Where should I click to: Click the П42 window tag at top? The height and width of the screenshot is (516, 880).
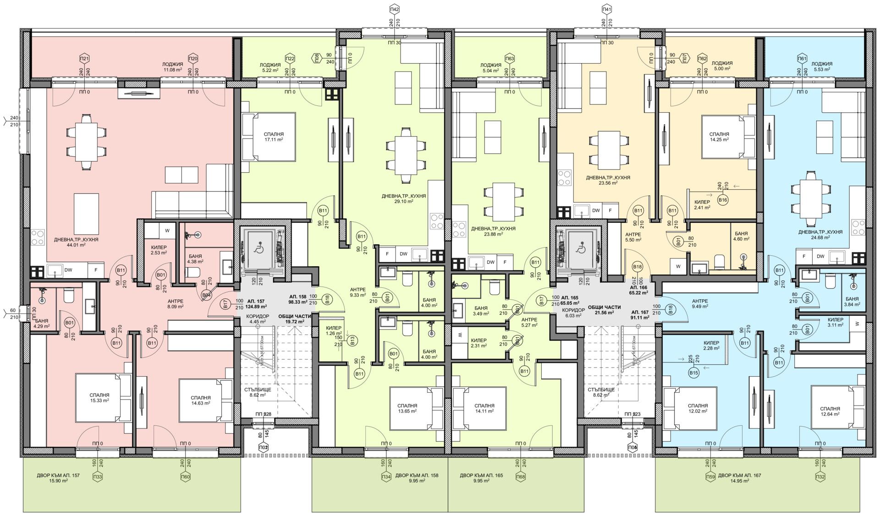coord(394,9)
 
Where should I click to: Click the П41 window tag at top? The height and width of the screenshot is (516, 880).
coord(607,9)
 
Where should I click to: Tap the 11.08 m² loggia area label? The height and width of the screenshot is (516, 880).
coord(172,67)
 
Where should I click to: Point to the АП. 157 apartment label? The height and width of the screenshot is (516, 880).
coord(258,304)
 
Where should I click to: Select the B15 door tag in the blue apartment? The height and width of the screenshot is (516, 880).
coord(694,373)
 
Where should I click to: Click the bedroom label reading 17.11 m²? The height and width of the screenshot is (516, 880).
coord(274,137)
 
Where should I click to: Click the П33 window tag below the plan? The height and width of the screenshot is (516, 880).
coord(97,477)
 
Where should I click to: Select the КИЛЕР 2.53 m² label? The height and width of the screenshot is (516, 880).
coord(159,250)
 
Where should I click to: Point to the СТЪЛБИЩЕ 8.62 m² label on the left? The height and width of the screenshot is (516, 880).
coord(258,392)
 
